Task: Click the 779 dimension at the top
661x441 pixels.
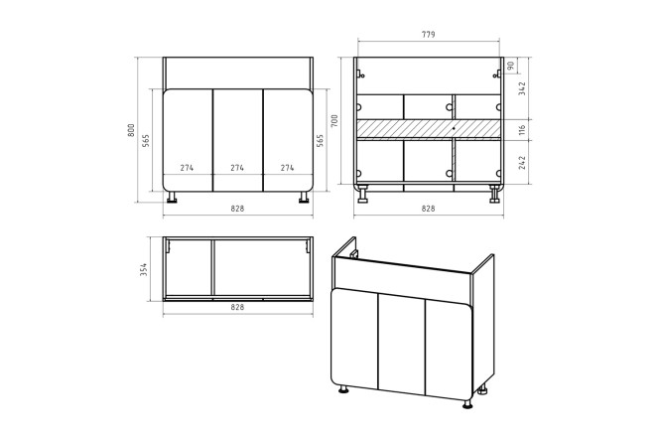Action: point(429,35)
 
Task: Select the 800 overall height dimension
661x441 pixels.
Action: point(131,130)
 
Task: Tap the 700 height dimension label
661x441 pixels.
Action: point(334,121)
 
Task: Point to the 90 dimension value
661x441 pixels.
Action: point(510,66)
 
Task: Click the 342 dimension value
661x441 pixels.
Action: point(522,88)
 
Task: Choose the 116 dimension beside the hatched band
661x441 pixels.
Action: point(522,130)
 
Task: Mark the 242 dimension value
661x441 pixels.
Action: point(522,163)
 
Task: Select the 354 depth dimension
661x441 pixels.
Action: point(144,269)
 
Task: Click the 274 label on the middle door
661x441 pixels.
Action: point(237,168)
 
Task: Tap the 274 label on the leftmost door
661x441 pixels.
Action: point(187,168)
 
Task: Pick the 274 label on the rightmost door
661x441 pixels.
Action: point(287,168)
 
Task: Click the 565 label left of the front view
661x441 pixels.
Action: point(146,140)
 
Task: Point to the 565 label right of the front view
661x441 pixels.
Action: point(320,140)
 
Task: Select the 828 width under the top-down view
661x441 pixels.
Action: point(237,307)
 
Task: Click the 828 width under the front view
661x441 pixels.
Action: point(237,209)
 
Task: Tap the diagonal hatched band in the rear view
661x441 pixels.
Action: point(429,129)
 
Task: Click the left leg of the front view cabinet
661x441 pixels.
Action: point(172,197)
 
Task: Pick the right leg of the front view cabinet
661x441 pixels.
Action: point(304,197)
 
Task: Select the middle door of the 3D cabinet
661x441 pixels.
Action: point(402,343)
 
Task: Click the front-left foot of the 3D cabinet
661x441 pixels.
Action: point(344,388)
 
